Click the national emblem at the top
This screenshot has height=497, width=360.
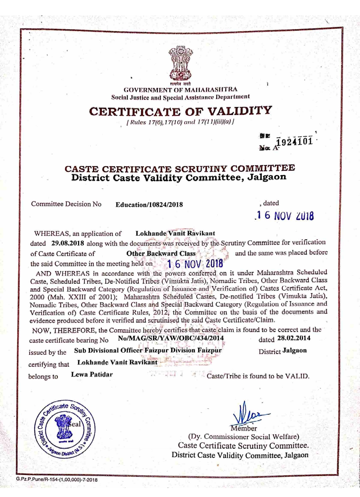tap(180, 63)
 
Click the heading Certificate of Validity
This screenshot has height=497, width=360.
tap(180, 111)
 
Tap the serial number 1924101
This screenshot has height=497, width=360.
tap(295, 141)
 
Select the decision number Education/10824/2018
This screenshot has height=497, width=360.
tap(149, 205)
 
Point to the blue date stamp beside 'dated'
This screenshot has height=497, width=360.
tap(284, 216)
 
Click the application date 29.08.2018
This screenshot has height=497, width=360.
tap(68, 243)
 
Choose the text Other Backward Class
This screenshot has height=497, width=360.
tap(161, 253)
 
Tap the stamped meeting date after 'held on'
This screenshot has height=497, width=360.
tap(195, 264)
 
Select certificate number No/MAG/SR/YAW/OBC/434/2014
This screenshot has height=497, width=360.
tap(171, 338)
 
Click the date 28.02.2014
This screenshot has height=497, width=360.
tap(294, 338)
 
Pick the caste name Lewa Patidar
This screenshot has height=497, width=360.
tap(92, 374)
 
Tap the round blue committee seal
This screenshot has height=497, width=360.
tap(65, 429)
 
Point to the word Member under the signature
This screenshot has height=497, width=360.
tap(244, 428)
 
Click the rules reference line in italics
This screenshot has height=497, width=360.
tap(180, 122)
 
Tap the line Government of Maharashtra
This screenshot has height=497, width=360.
tap(180, 90)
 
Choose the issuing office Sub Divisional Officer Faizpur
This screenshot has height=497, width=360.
tap(148, 350)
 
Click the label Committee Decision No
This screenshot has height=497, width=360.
tap(66, 204)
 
